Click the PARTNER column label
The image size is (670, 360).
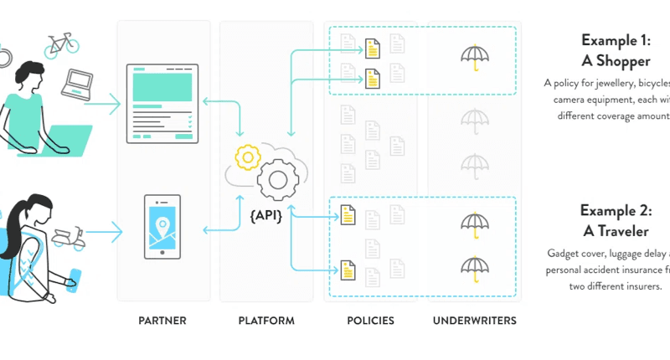(x=162, y=321)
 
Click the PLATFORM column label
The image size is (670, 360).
(x=265, y=321)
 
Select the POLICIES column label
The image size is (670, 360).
(x=370, y=321)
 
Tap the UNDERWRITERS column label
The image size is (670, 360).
(x=475, y=321)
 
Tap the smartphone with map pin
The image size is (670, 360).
(x=162, y=226)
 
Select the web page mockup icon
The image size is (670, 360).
(x=162, y=100)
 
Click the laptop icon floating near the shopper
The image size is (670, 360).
(x=80, y=80)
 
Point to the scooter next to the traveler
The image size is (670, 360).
(x=69, y=238)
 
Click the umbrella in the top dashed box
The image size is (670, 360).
(x=475, y=57)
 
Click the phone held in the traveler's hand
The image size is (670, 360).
(x=75, y=276)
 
